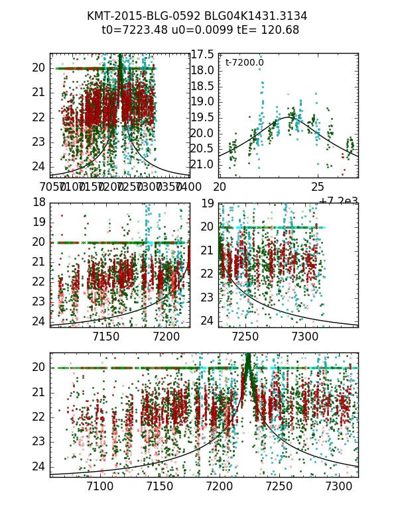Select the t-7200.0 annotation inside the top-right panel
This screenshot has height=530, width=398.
244,63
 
